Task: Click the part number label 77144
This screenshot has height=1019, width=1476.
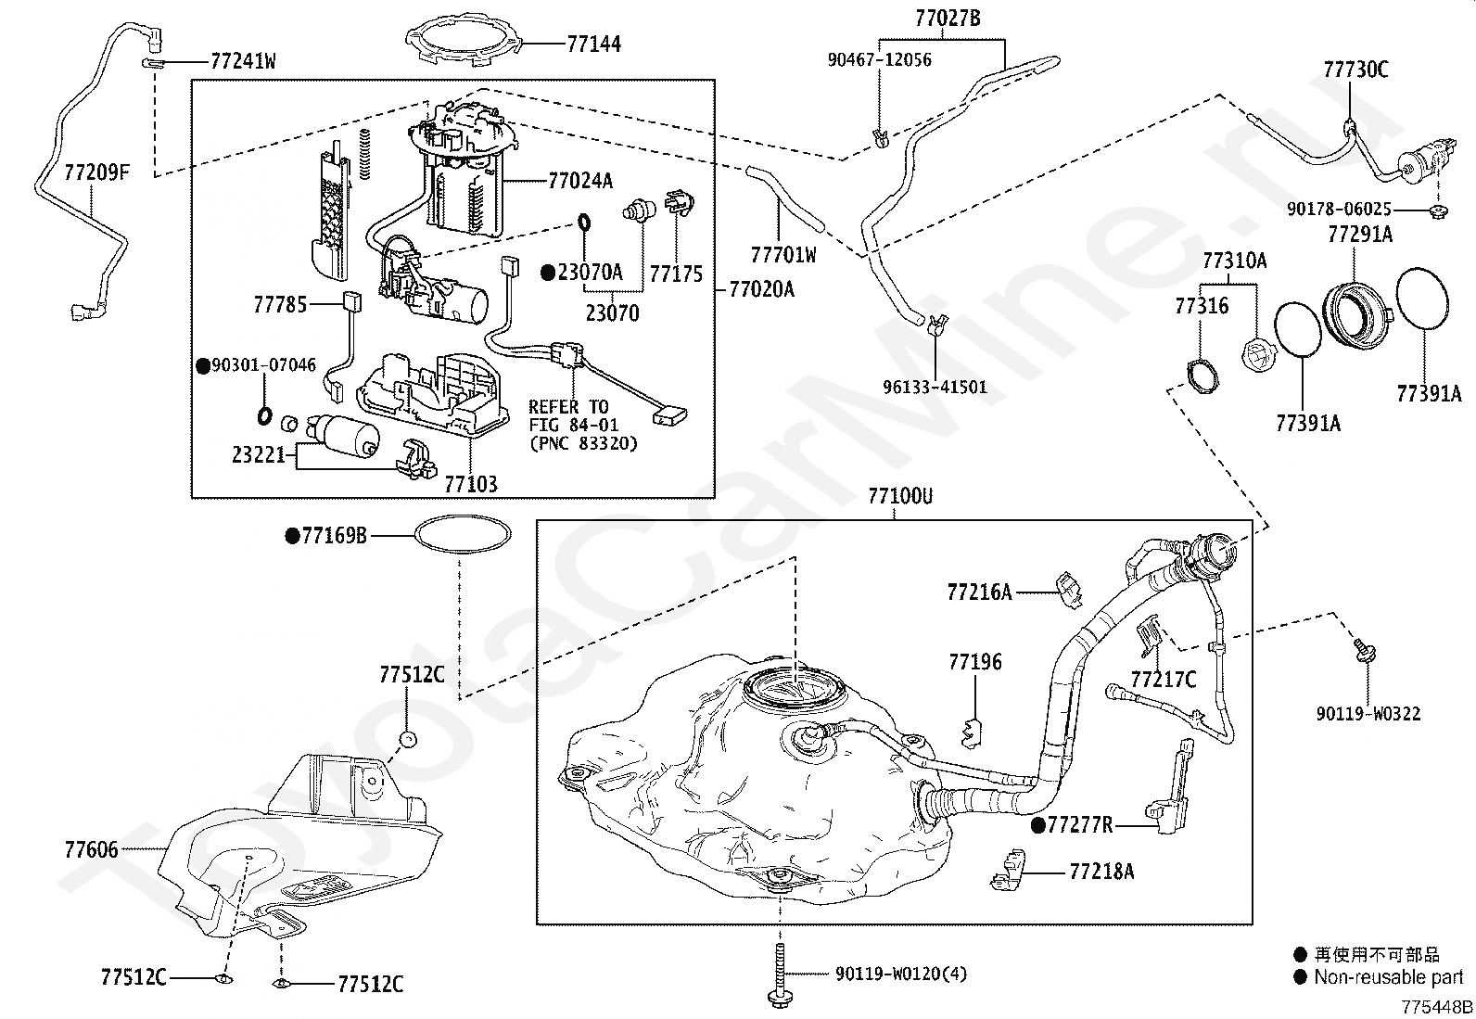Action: tap(593, 44)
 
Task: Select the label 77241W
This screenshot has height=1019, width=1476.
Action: tap(244, 62)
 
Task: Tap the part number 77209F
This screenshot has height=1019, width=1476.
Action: tap(96, 172)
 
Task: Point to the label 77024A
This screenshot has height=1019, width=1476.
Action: tap(580, 180)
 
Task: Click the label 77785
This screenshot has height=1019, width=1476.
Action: tap(280, 304)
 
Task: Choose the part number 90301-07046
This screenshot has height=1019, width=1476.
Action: tap(263, 366)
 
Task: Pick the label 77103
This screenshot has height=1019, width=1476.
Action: tap(470, 484)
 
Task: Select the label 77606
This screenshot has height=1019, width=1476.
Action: tap(92, 849)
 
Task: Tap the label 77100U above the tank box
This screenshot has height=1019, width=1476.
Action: tap(900, 497)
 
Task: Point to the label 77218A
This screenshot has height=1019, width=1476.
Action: tap(1101, 872)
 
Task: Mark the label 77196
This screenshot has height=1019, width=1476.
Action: tap(975, 662)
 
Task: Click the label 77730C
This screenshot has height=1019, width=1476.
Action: tap(1355, 70)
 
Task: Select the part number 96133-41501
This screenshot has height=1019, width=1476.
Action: tap(935, 388)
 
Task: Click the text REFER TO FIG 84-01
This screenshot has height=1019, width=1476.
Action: tap(568, 415)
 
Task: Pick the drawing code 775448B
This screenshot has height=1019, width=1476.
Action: tap(1436, 1007)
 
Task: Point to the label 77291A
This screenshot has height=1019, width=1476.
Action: tap(1359, 235)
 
